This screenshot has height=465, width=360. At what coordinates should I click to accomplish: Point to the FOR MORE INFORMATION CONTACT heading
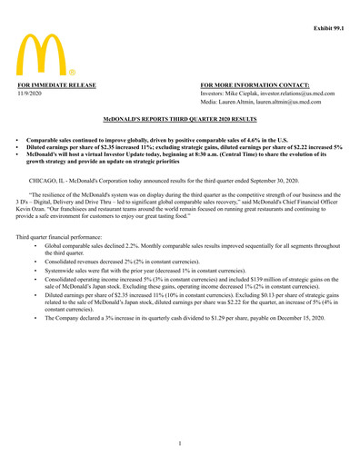pyautogui.click(x=248, y=84)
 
